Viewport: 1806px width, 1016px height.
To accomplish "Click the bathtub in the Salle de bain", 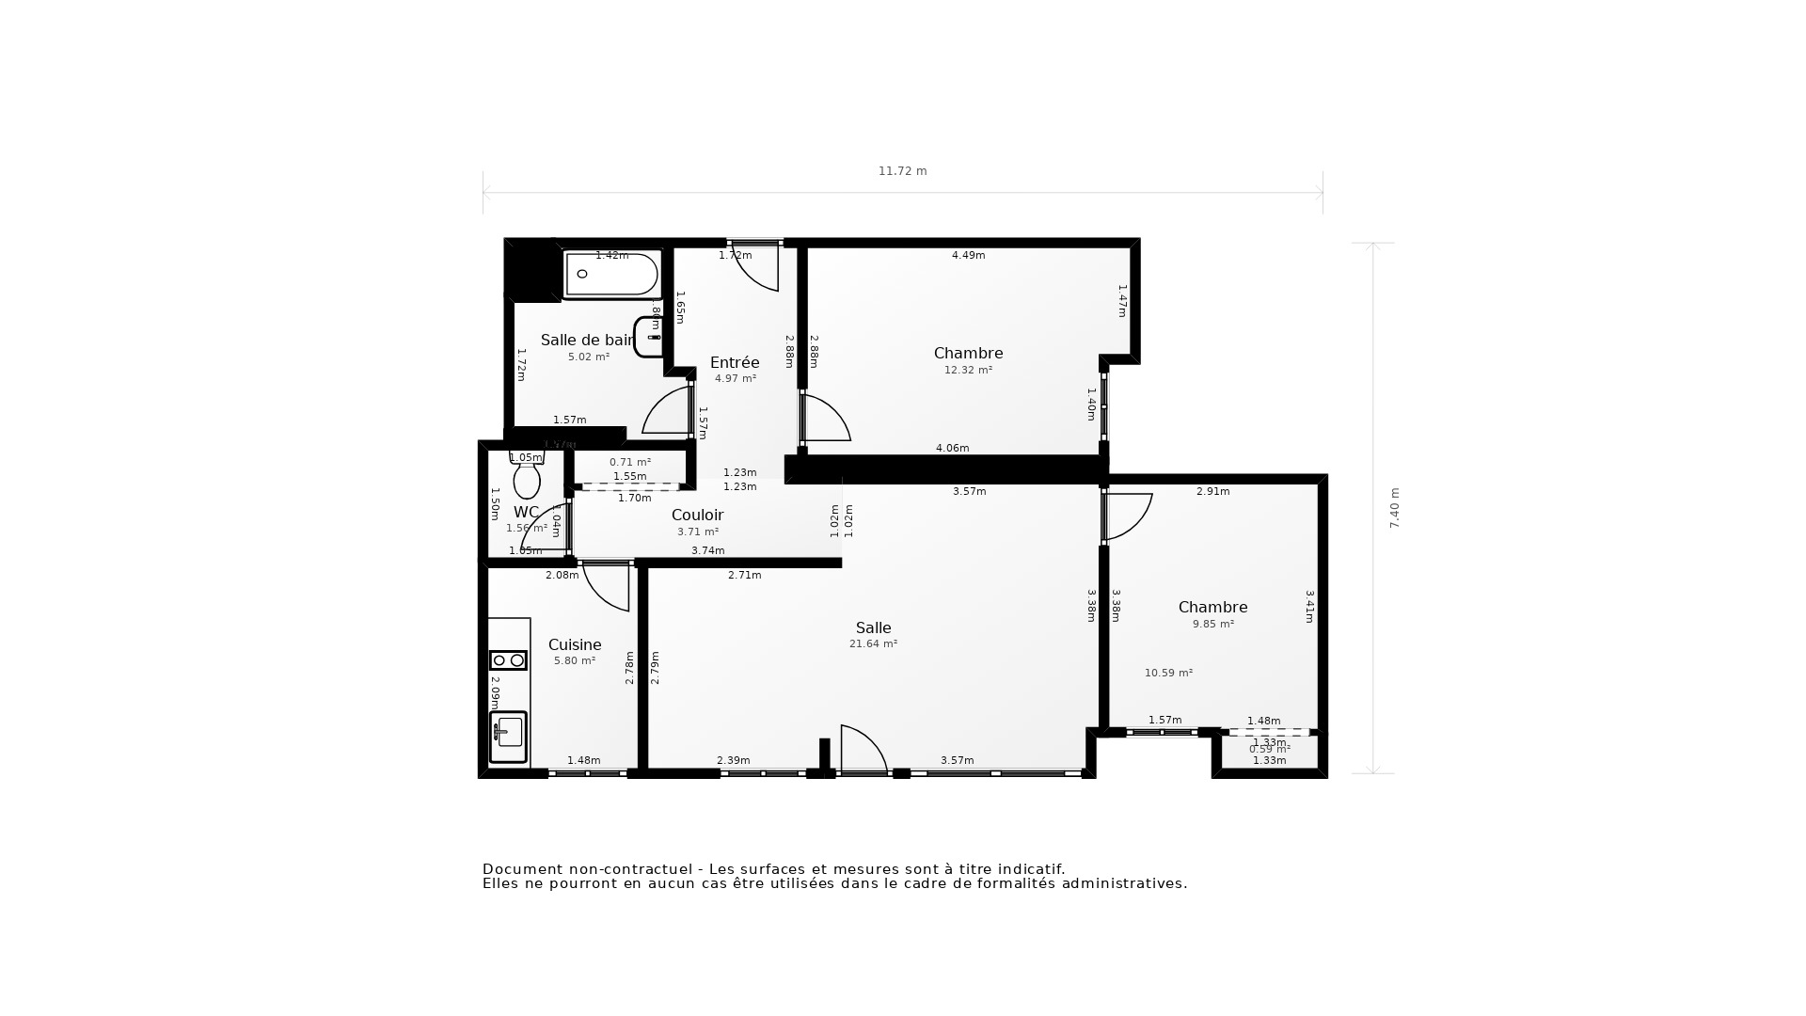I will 611,274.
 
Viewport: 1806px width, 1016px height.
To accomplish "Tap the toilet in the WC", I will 527,478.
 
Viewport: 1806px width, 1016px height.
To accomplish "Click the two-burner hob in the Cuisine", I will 508,660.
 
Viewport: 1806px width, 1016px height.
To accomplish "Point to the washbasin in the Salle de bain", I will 649,337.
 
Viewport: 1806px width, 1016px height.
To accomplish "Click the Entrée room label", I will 735,362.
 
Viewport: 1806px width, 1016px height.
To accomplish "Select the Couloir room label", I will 697,515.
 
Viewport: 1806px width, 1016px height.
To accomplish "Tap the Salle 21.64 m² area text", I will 873,644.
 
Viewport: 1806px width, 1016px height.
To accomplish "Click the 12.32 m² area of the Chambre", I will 968,371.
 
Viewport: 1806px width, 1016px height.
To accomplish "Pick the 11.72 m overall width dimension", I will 902,171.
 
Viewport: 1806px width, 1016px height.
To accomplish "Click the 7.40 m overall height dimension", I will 1395,508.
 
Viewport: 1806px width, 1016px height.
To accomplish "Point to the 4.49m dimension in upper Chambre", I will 968,255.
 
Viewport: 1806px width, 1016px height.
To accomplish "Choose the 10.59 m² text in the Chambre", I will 1168,674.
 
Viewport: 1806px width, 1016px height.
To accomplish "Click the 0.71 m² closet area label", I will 629,462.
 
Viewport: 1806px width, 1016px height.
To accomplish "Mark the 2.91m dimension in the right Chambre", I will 1212,491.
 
